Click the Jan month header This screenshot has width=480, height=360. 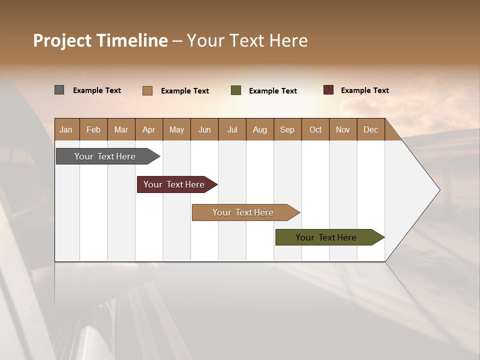coord(66,129)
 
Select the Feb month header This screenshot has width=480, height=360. coord(93,129)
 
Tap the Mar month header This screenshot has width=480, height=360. coord(121,129)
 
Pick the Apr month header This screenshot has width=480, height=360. coord(149,129)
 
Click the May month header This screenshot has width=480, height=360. coord(176,129)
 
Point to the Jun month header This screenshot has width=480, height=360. coord(204,129)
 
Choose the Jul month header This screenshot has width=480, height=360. coord(232,129)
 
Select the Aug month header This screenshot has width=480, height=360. coord(260,129)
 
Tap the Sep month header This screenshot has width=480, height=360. coord(287,129)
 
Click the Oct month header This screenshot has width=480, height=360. coord(315,129)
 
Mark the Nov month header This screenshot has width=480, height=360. coord(343,129)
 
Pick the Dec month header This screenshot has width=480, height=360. coord(371,129)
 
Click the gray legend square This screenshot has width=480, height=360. coord(59,90)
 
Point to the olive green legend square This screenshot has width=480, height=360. coord(236,90)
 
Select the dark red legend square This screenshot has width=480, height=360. coord(328,90)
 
